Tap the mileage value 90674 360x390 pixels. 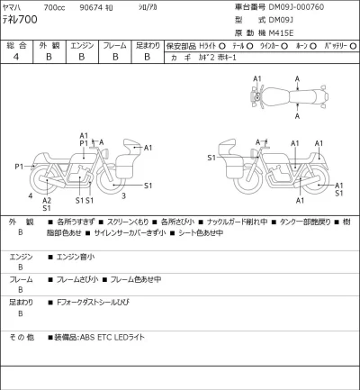92,5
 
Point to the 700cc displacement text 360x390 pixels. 53,5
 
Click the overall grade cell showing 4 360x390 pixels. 16,56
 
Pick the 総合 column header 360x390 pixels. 16,44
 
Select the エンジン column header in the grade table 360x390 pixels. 81,44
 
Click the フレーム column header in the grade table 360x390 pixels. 114,44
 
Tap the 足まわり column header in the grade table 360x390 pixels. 148,44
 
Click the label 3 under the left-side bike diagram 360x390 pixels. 123,195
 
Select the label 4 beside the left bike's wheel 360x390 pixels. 30,195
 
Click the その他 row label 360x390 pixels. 21,337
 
